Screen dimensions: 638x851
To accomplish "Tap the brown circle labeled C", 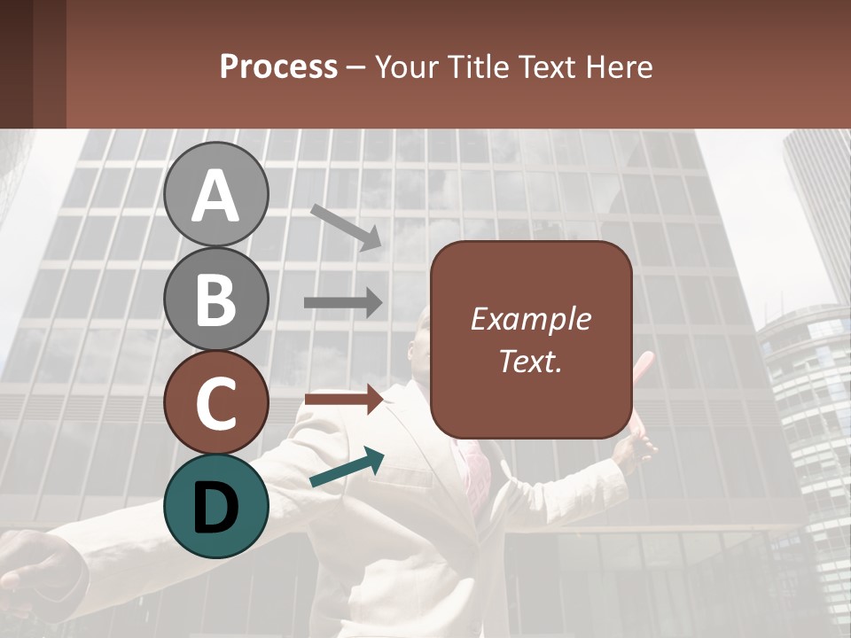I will tap(215, 402).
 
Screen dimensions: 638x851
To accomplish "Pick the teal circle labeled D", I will tap(215, 506).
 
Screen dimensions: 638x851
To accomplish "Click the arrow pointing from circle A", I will tap(347, 226).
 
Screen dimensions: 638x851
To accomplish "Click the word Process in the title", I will tap(278, 66).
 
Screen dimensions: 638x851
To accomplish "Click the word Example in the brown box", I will tap(530, 320).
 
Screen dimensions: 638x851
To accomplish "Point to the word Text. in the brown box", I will tap(530, 361).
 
